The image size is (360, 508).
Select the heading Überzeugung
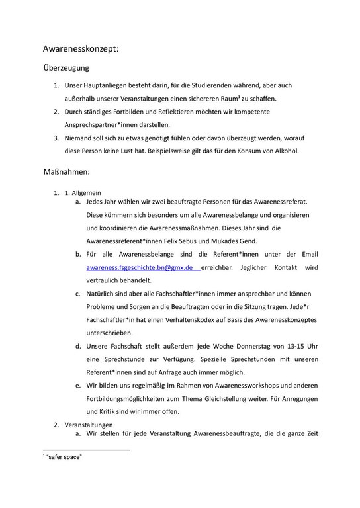[66, 67]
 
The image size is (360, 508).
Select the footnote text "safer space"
[64, 457]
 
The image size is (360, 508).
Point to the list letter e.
[77, 385]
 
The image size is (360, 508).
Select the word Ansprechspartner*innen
[107, 124]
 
